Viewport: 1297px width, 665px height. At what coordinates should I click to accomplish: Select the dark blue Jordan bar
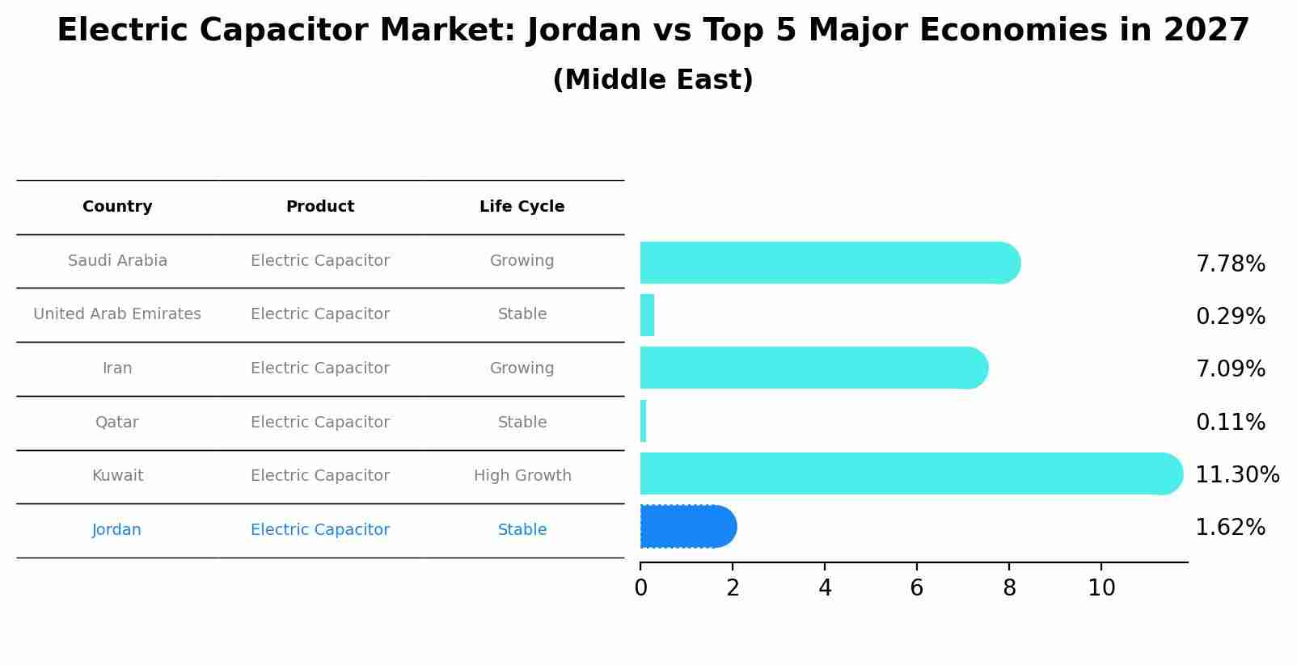pos(687,527)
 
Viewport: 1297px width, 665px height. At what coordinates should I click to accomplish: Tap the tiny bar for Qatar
pos(644,421)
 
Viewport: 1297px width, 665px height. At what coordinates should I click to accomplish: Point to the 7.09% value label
pos(1230,369)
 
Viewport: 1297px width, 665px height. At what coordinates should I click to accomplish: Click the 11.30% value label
pos(1236,474)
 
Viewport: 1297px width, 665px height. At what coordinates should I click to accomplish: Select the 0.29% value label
pos(1230,316)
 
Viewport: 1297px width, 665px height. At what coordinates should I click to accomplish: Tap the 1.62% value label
pos(1230,528)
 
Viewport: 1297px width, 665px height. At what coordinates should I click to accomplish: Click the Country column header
pos(117,207)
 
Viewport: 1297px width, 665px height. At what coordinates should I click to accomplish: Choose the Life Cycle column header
pos(522,207)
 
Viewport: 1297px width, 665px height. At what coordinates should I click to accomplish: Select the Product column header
pos(320,207)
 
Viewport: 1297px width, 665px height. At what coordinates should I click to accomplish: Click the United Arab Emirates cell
pos(117,314)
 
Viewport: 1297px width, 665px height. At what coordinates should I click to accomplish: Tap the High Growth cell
pos(522,476)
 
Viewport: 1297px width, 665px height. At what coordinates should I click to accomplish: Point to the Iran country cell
pos(117,368)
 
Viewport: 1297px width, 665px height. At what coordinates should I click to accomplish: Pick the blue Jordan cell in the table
pos(116,530)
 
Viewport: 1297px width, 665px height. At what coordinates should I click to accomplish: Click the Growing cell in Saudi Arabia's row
pos(522,261)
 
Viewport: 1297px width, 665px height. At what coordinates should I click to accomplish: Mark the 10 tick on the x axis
pos(1101,588)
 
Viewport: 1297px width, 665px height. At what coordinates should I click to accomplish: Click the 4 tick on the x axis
pos(825,588)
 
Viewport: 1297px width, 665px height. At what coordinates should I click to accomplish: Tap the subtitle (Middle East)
pos(653,80)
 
